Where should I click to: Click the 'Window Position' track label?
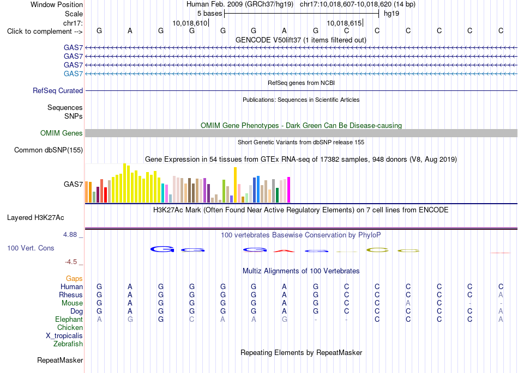pos(57,4)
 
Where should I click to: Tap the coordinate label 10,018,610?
pos(190,23)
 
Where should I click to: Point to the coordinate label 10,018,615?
pos(344,23)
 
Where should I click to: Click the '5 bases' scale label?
pos(210,14)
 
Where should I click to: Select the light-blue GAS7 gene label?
pos(73,74)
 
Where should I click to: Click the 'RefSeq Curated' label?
pos(58,91)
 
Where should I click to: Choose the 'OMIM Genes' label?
pos(62,133)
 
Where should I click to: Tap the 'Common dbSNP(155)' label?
pos(49,150)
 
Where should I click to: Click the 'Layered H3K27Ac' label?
pos(35,218)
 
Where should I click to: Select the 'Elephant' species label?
pos(69,320)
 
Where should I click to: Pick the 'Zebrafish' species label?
pos(68,344)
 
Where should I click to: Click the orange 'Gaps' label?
pos(74,279)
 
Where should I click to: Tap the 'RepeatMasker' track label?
pos(60,360)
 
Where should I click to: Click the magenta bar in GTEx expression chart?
pos(289,189)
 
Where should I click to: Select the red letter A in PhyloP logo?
pos(284,251)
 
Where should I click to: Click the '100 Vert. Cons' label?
pos(31,248)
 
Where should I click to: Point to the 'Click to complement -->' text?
pos(45,32)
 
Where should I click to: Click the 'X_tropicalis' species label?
pos(64,336)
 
